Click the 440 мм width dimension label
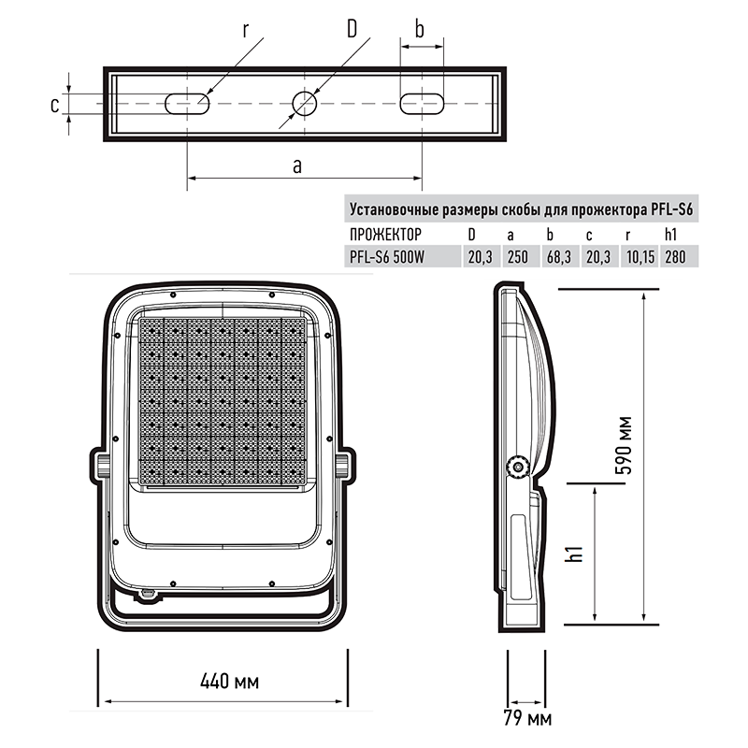tap(229, 682)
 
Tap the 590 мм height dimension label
tap(624, 446)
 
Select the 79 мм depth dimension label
tap(527, 718)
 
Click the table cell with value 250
tap(518, 257)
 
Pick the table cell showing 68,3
tap(559, 257)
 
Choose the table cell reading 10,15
tap(640, 257)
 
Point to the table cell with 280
tap(675, 257)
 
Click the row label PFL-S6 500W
tap(387, 257)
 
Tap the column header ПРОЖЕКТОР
tap(385, 235)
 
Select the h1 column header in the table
tap(670, 235)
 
